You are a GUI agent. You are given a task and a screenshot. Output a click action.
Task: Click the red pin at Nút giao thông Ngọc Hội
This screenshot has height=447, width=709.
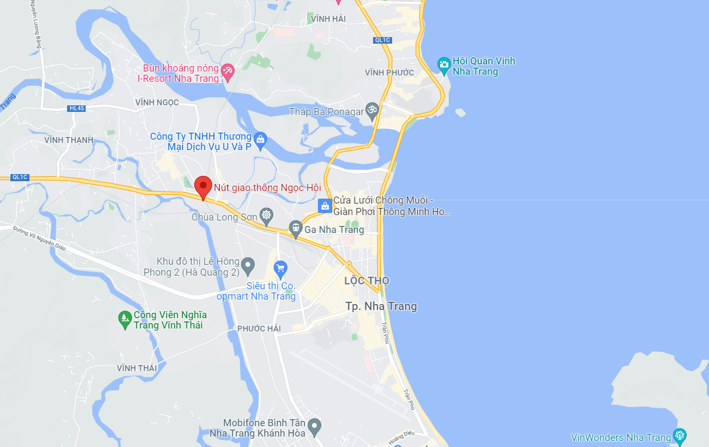pyautogui.click(x=203, y=187)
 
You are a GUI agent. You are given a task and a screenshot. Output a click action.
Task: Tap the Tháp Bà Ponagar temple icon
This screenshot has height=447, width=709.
pyautogui.click(x=372, y=111)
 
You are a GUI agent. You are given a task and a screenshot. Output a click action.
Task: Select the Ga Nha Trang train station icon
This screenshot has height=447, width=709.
pyautogui.click(x=296, y=229)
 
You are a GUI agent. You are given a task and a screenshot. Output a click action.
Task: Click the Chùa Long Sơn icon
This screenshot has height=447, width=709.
pyautogui.click(x=266, y=216)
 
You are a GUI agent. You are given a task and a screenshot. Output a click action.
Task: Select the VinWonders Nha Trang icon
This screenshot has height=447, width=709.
pyautogui.click(x=680, y=437)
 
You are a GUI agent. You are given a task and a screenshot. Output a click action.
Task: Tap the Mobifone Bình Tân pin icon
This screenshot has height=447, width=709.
pyautogui.click(x=314, y=426)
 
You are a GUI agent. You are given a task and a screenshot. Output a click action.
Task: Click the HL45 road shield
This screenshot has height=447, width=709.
pyautogui.click(x=77, y=108)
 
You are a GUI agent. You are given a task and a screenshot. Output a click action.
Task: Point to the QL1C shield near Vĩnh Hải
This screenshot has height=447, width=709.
pyautogui.click(x=382, y=40)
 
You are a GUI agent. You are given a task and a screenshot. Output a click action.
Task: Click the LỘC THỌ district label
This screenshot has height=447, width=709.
pyautogui.click(x=366, y=281)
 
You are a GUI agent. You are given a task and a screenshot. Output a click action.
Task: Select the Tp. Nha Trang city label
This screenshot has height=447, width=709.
pyautogui.click(x=381, y=306)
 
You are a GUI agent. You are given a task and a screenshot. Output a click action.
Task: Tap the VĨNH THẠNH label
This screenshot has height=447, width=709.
pyautogui.click(x=69, y=140)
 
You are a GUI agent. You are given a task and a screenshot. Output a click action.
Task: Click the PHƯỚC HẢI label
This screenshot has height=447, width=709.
pyautogui.click(x=259, y=329)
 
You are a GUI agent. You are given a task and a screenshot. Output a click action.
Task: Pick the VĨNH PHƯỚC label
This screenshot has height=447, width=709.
pyautogui.click(x=389, y=73)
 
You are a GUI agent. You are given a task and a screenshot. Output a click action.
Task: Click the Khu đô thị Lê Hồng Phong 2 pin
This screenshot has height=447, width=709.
pyautogui.click(x=248, y=266)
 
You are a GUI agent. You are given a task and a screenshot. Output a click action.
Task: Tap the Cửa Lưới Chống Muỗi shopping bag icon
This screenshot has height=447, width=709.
pyautogui.click(x=325, y=206)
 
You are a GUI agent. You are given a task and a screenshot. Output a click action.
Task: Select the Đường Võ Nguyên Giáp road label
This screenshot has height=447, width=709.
pyautogui.click(x=39, y=239)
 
